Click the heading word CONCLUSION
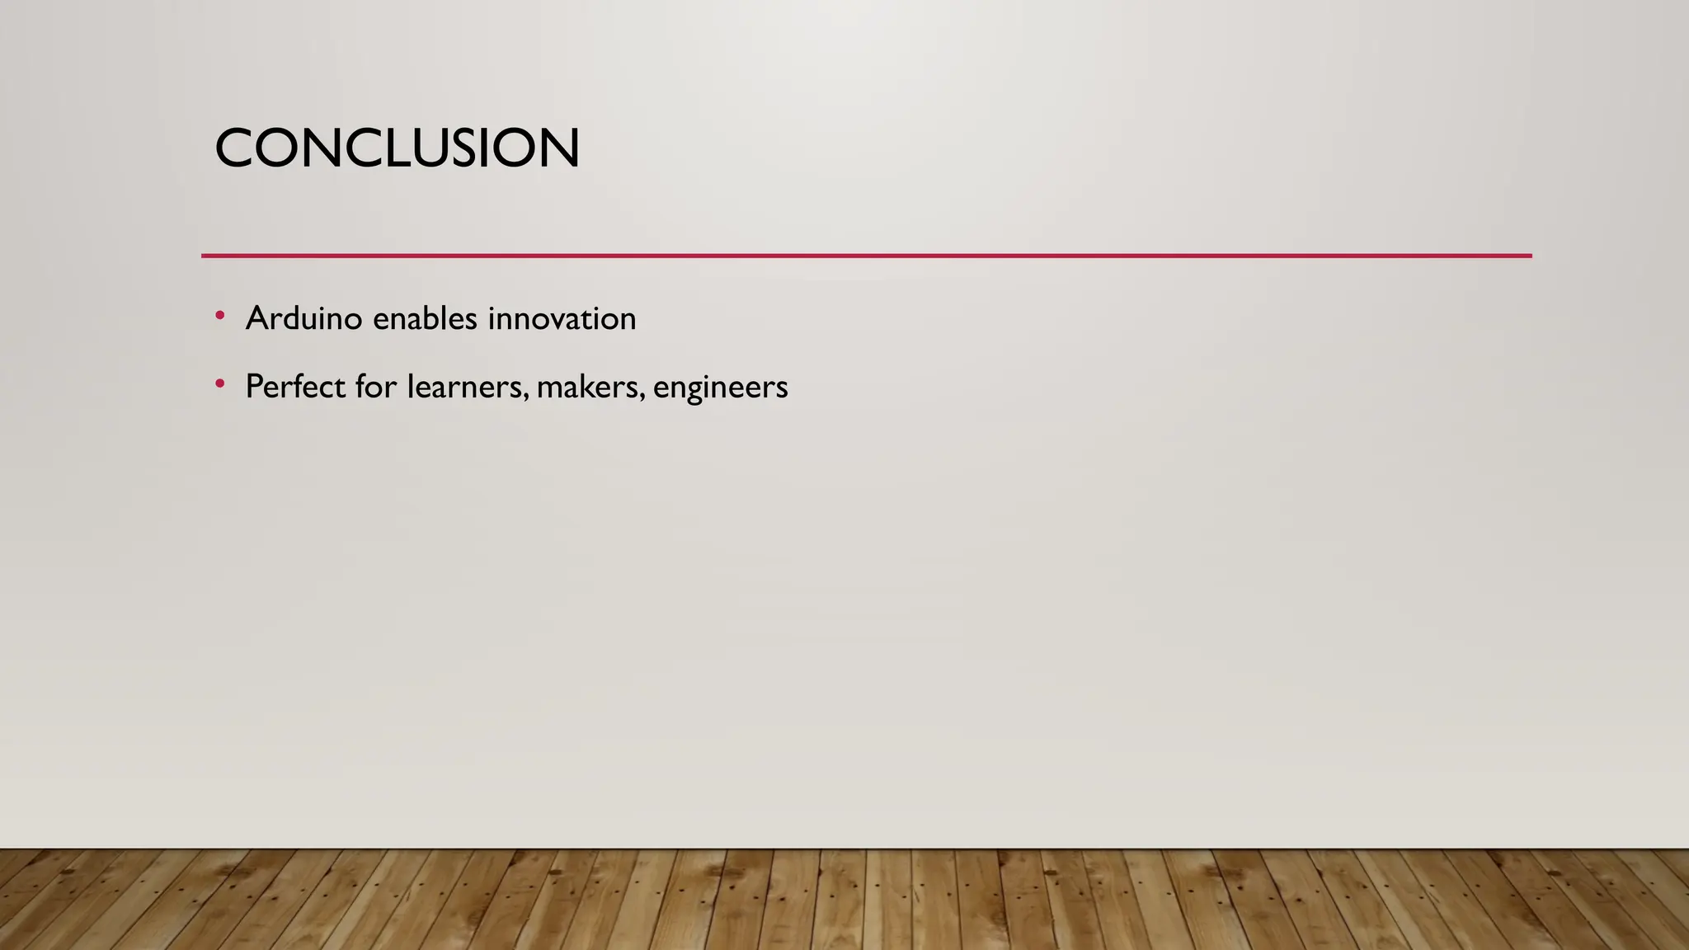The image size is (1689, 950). click(397, 149)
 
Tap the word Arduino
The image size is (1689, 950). click(303, 318)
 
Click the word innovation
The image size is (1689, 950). click(562, 318)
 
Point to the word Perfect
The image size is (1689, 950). click(295, 387)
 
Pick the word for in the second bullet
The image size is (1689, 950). click(376, 387)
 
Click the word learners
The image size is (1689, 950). click(464, 387)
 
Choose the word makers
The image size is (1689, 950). click(586, 387)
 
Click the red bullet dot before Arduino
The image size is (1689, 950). click(219, 316)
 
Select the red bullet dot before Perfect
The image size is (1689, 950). click(219, 384)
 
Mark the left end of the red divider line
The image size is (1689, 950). click(204, 256)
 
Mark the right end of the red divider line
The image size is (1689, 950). click(1530, 256)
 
